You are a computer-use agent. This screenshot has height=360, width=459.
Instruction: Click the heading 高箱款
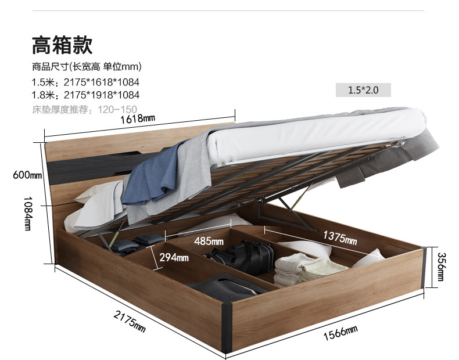[62, 45]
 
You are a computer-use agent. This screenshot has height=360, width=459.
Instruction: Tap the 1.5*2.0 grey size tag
[363, 90]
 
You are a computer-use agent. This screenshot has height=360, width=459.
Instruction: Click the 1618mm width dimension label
[138, 118]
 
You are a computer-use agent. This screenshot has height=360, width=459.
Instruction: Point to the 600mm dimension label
[27, 175]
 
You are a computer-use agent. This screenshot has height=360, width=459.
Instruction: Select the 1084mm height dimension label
[28, 213]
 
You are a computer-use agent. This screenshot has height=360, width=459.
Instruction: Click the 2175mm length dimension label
[130, 322]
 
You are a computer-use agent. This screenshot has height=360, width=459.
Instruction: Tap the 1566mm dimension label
[340, 333]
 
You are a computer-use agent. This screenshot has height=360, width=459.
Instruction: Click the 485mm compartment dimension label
[209, 242]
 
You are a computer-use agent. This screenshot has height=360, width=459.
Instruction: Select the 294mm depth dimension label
[174, 257]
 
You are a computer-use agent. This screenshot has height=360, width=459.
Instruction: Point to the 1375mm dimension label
[340, 237]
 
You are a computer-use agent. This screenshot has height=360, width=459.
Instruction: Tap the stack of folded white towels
[308, 269]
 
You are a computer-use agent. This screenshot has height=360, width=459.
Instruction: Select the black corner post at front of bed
[226, 327]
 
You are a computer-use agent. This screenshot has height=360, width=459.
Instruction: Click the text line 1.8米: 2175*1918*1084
[85, 95]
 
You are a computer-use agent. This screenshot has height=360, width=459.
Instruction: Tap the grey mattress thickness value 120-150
[117, 110]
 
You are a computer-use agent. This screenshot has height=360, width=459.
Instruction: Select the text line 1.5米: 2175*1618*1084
[85, 82]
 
